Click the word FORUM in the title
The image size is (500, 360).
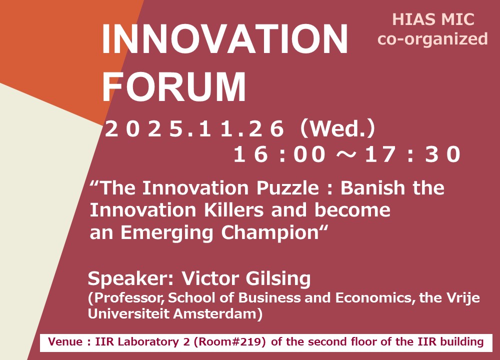coord(174,86)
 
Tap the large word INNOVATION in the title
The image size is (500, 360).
coord(225,39)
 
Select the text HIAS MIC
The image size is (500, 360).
coord(433,19)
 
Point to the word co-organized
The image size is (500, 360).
coord(432,39)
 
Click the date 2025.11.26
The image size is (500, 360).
coord(194,129)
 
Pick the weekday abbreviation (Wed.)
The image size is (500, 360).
coord(338,129)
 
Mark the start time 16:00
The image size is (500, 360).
coord(279,154)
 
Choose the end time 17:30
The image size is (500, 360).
coord(413,154)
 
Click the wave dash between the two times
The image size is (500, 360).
coord(345,154)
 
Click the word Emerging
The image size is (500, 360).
coord(167,233)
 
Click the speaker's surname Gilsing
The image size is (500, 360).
coord(278,278)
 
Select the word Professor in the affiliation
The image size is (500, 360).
coord(128,298)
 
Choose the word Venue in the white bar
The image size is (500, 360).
coord(65,342)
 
